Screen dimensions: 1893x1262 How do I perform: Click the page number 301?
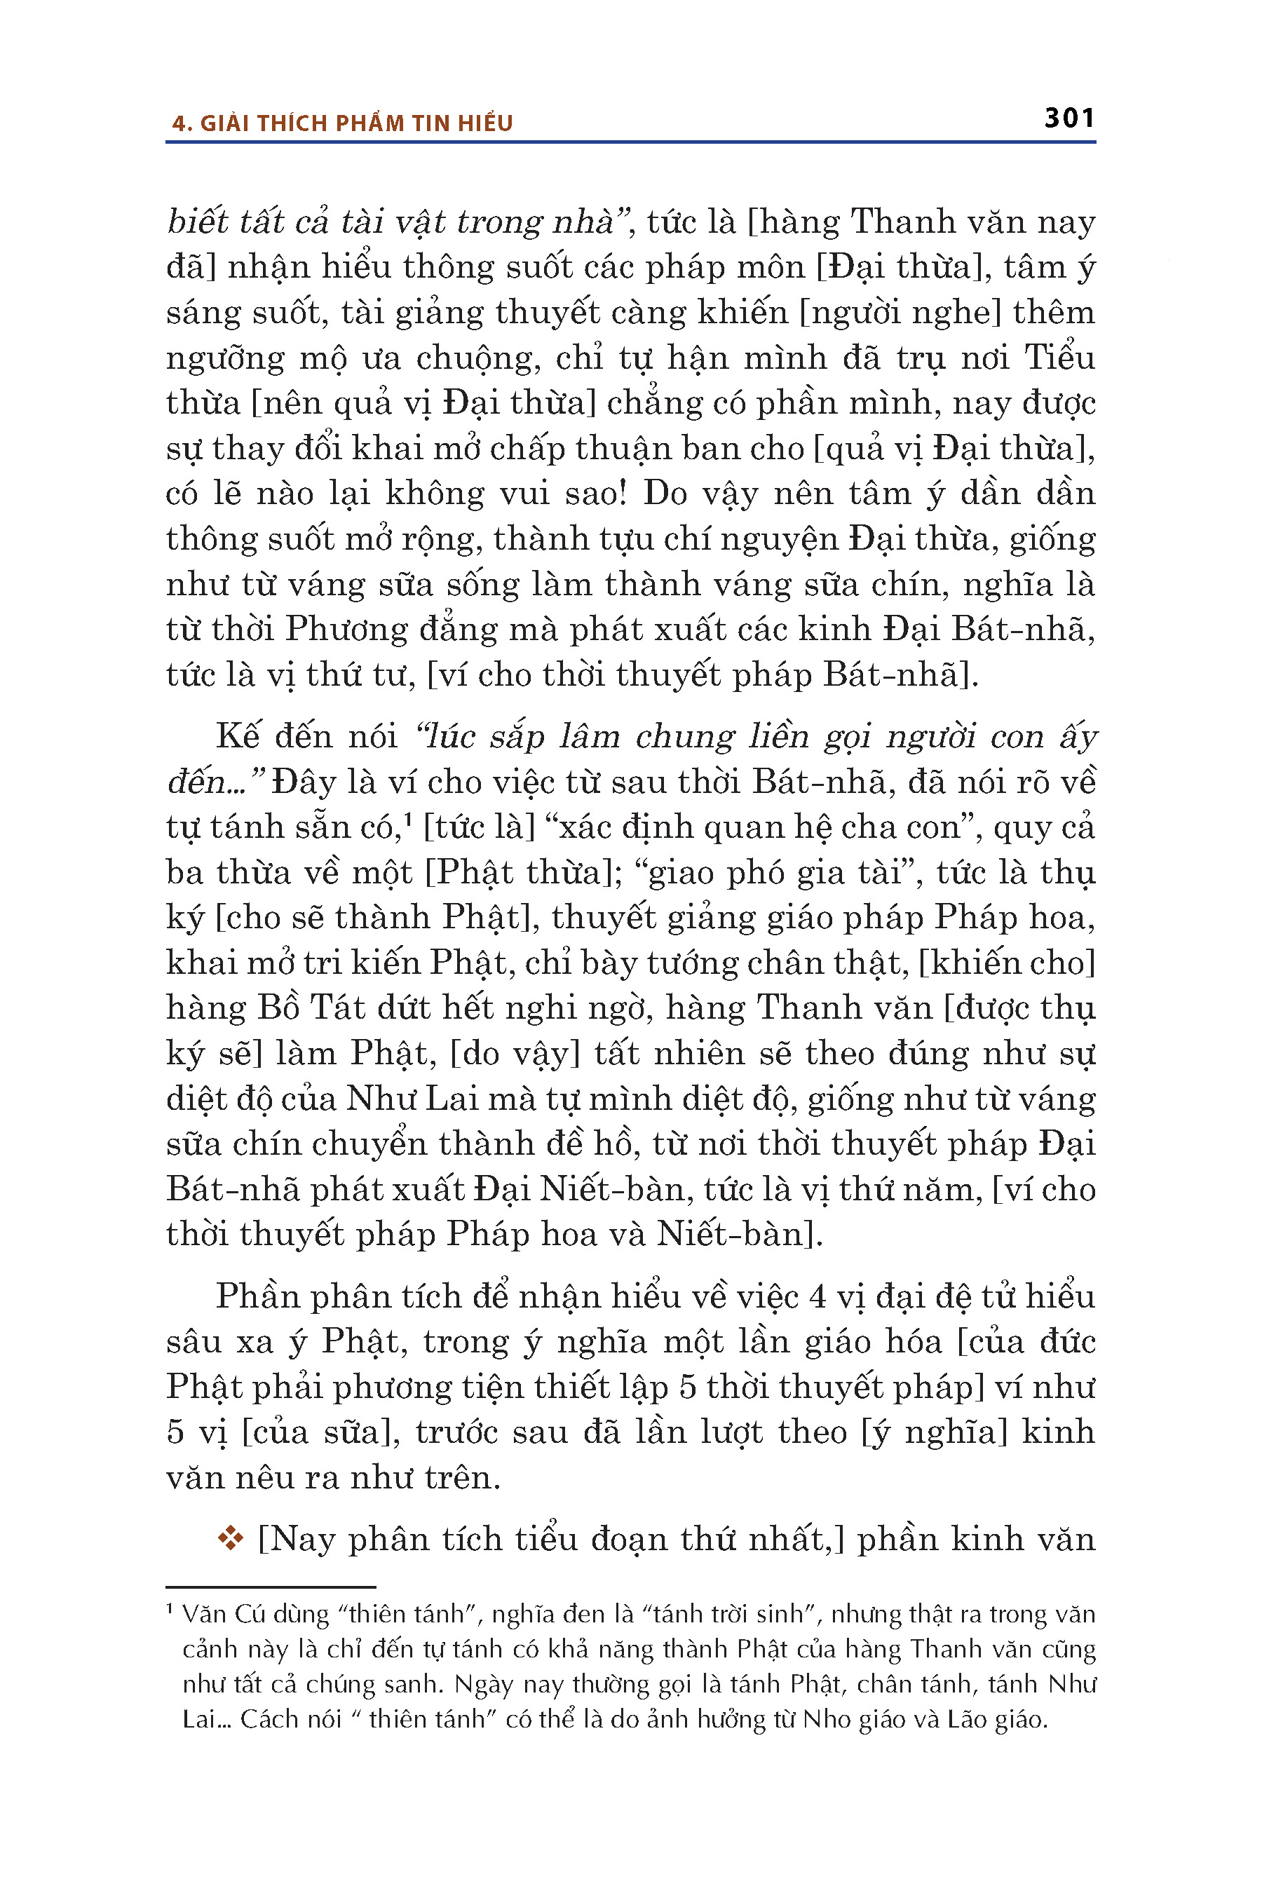1068,118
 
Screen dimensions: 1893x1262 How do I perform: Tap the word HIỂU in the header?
485,123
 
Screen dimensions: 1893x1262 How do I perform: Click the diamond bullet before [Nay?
230,1538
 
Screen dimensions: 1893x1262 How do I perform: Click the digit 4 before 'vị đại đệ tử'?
817,1296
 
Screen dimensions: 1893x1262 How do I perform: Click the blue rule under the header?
630,142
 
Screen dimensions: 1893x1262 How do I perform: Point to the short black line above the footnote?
271,1587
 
